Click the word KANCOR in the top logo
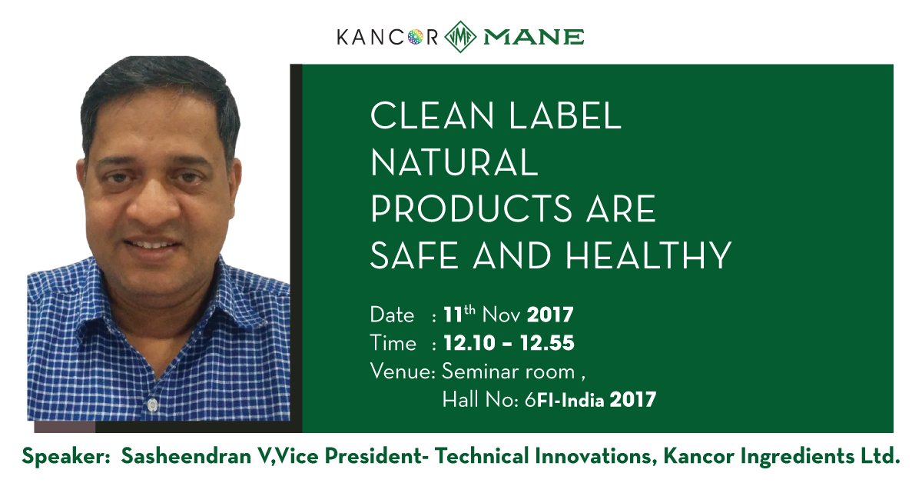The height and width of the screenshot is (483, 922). [387, 37]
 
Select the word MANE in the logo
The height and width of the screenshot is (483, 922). [532, 37]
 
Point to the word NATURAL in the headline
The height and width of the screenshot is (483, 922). [454, 163]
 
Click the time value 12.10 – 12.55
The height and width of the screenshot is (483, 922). [508, 343]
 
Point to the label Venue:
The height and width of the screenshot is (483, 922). [403, 371]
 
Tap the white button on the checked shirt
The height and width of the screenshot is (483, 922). [152, 402]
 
